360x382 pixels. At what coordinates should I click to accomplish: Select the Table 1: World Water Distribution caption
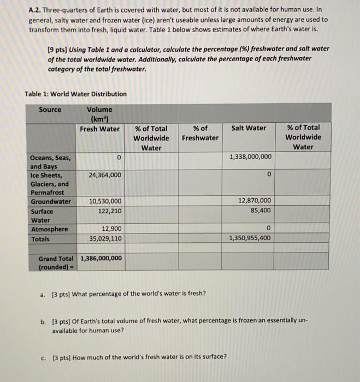point(75,94)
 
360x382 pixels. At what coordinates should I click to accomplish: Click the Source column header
point(50,109)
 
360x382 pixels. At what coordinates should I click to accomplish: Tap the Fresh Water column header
point(99,129)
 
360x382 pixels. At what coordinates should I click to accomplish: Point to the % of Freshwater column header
point(200,133)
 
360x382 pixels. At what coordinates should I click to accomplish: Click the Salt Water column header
point(249,128)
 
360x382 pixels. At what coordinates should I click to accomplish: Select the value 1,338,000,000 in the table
point(250,157)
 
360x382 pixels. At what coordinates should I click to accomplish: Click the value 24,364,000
point(105,175)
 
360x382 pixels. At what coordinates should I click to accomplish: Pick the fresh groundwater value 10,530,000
point(105,201)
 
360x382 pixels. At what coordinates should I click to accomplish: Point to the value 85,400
point(259,210)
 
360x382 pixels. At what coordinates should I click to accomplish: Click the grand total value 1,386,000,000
point(101,259)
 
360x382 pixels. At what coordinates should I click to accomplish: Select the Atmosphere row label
point(49,229)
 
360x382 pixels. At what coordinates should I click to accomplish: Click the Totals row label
point(40,238)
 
